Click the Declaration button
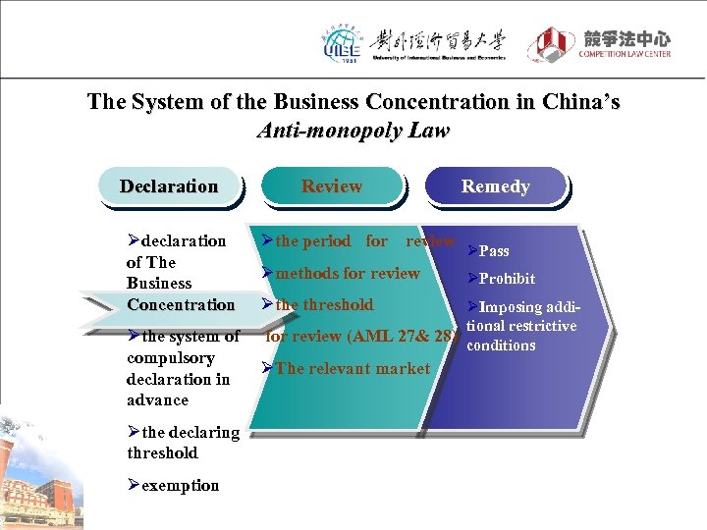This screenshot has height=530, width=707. [169, 186]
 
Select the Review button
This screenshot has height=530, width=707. [332, 186]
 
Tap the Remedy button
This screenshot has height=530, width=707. [495, 186]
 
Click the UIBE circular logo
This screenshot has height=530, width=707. [343, 43]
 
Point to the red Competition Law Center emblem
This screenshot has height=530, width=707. [552, 44]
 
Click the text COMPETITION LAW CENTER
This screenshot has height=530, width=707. [625, 54]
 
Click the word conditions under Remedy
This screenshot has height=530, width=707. [501, 345]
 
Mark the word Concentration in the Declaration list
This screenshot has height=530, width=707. [181, 305]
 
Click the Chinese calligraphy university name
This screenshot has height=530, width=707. [437, 40]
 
